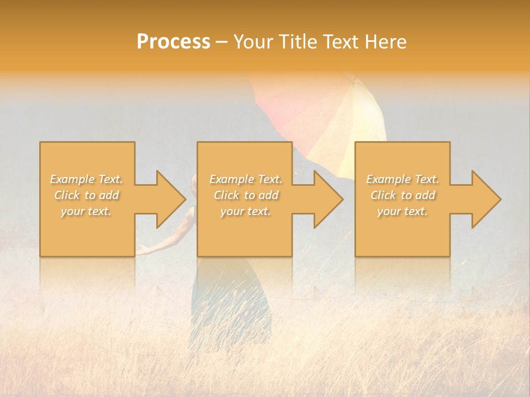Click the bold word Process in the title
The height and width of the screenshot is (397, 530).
(x=173, y=42)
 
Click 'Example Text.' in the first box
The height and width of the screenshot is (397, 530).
(x=86, y=179)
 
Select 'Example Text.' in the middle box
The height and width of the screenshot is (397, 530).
(x=245, y=179)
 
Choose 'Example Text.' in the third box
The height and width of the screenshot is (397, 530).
(x=402, y=179)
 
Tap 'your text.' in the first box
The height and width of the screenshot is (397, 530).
(x=86, y=211)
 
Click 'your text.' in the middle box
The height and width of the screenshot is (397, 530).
(x=245, y=211)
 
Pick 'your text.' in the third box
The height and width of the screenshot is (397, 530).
(x=402, y=211)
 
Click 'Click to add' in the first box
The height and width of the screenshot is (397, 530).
(x=86, y=195)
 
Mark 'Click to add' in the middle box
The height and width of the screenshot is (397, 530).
(x=245, y=195)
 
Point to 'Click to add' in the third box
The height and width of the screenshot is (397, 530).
(x=402, y=195)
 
